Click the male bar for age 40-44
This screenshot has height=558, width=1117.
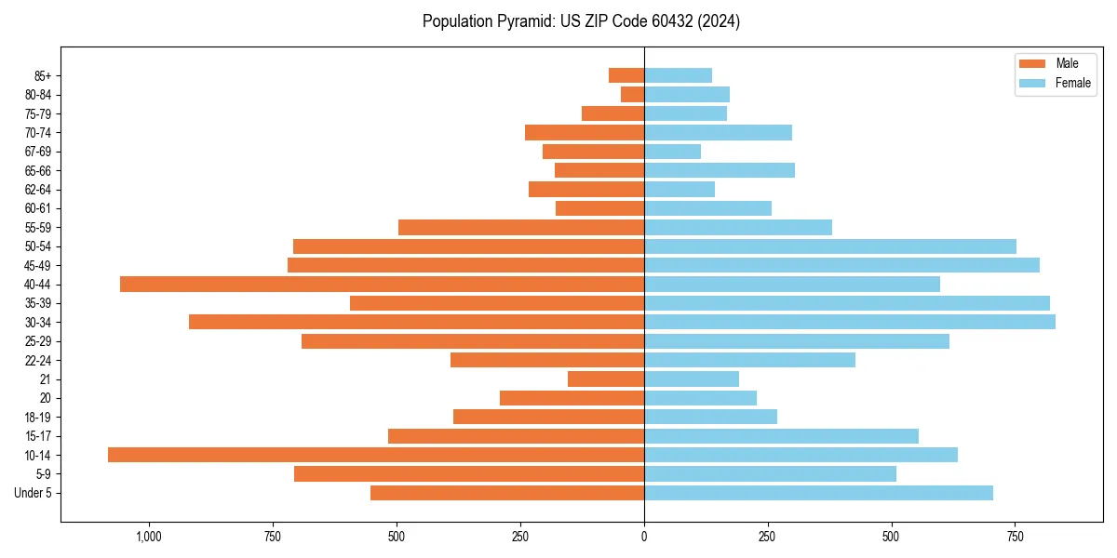(382, 284)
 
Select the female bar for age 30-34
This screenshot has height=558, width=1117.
(849, 322)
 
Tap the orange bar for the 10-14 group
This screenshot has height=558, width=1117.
(376, 455)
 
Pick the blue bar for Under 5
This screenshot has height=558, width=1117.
(818, 493)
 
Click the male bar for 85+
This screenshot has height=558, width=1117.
(626, 75)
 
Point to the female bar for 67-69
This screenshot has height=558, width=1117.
(672, 152)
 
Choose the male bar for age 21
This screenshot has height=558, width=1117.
(606, 379)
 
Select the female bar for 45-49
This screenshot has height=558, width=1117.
(841, 265)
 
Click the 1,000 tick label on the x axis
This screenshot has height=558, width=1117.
(149, 537)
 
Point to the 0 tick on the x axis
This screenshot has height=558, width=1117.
(644, 537)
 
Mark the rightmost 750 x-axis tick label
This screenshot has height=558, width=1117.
(1015, 537)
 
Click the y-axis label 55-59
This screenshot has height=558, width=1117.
(45, 227)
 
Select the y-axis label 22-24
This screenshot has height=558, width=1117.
(45, 360)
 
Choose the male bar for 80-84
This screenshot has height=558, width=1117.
(633, 94)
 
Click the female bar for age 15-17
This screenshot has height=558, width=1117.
(781, 436)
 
